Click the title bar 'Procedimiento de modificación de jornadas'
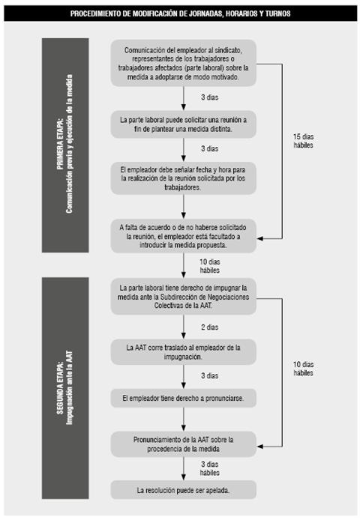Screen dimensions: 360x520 click(180, 13)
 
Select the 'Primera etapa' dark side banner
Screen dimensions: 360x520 click(65, 145)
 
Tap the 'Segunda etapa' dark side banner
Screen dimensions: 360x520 click(65, 388)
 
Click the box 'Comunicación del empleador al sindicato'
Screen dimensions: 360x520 click(183, 63)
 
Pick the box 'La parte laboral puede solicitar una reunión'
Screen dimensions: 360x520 click(183, 124)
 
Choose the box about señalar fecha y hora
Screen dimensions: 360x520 click(183, 178)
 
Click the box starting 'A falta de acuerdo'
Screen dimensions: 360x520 click(183, 236)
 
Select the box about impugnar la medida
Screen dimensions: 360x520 click(183, 297)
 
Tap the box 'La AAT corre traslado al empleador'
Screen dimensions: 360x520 click(183, 352)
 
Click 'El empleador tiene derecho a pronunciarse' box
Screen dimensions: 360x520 click(183, 398)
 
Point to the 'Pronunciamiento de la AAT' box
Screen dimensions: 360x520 click(183, 444)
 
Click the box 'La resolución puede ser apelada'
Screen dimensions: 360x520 click(183, 490)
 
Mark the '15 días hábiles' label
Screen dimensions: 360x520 click(303, 141)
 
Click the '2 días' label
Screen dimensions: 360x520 click(209, 327)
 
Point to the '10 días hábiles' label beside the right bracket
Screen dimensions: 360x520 click(303, 369)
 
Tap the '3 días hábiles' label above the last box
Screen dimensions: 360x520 click(209, 468)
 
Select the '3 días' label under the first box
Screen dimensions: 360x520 click(209, 97)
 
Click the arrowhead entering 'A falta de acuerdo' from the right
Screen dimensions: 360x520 click(260, 238)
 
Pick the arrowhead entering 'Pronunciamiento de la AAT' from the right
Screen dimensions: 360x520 click(260, 447)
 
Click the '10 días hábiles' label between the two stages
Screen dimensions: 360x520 click(209, 266)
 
